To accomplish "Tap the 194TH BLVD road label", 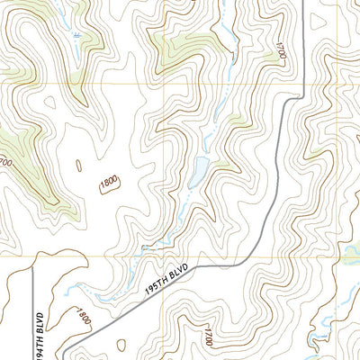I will coord(40,334).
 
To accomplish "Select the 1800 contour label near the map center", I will coord(109,182).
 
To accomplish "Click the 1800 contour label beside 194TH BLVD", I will coord(83,316).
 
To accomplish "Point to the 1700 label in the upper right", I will coord(281,50).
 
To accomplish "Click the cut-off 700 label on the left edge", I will coord(4,163).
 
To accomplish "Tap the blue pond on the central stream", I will coord(199,168).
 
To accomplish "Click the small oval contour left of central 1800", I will coord(78,166).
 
